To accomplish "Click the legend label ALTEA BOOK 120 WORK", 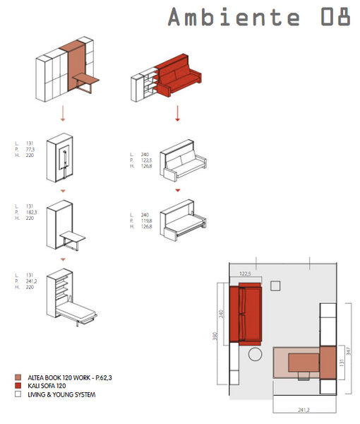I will (x=69, y=378).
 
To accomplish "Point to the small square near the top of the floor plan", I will (x=275, y=285).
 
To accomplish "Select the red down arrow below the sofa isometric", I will (x=179, y=113).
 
